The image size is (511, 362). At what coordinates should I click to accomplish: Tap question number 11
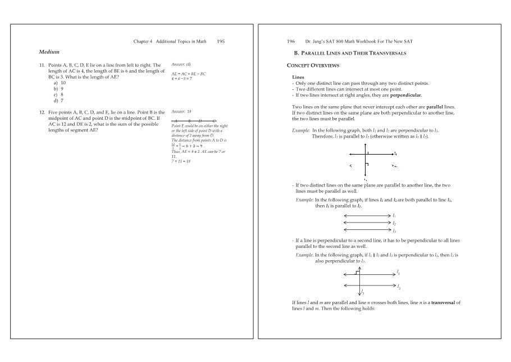click(43, 65)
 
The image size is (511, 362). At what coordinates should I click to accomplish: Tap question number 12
click(43, 112)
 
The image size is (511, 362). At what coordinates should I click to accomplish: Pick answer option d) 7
click(58, 101)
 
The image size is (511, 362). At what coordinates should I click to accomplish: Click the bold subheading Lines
click(298, 76)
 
